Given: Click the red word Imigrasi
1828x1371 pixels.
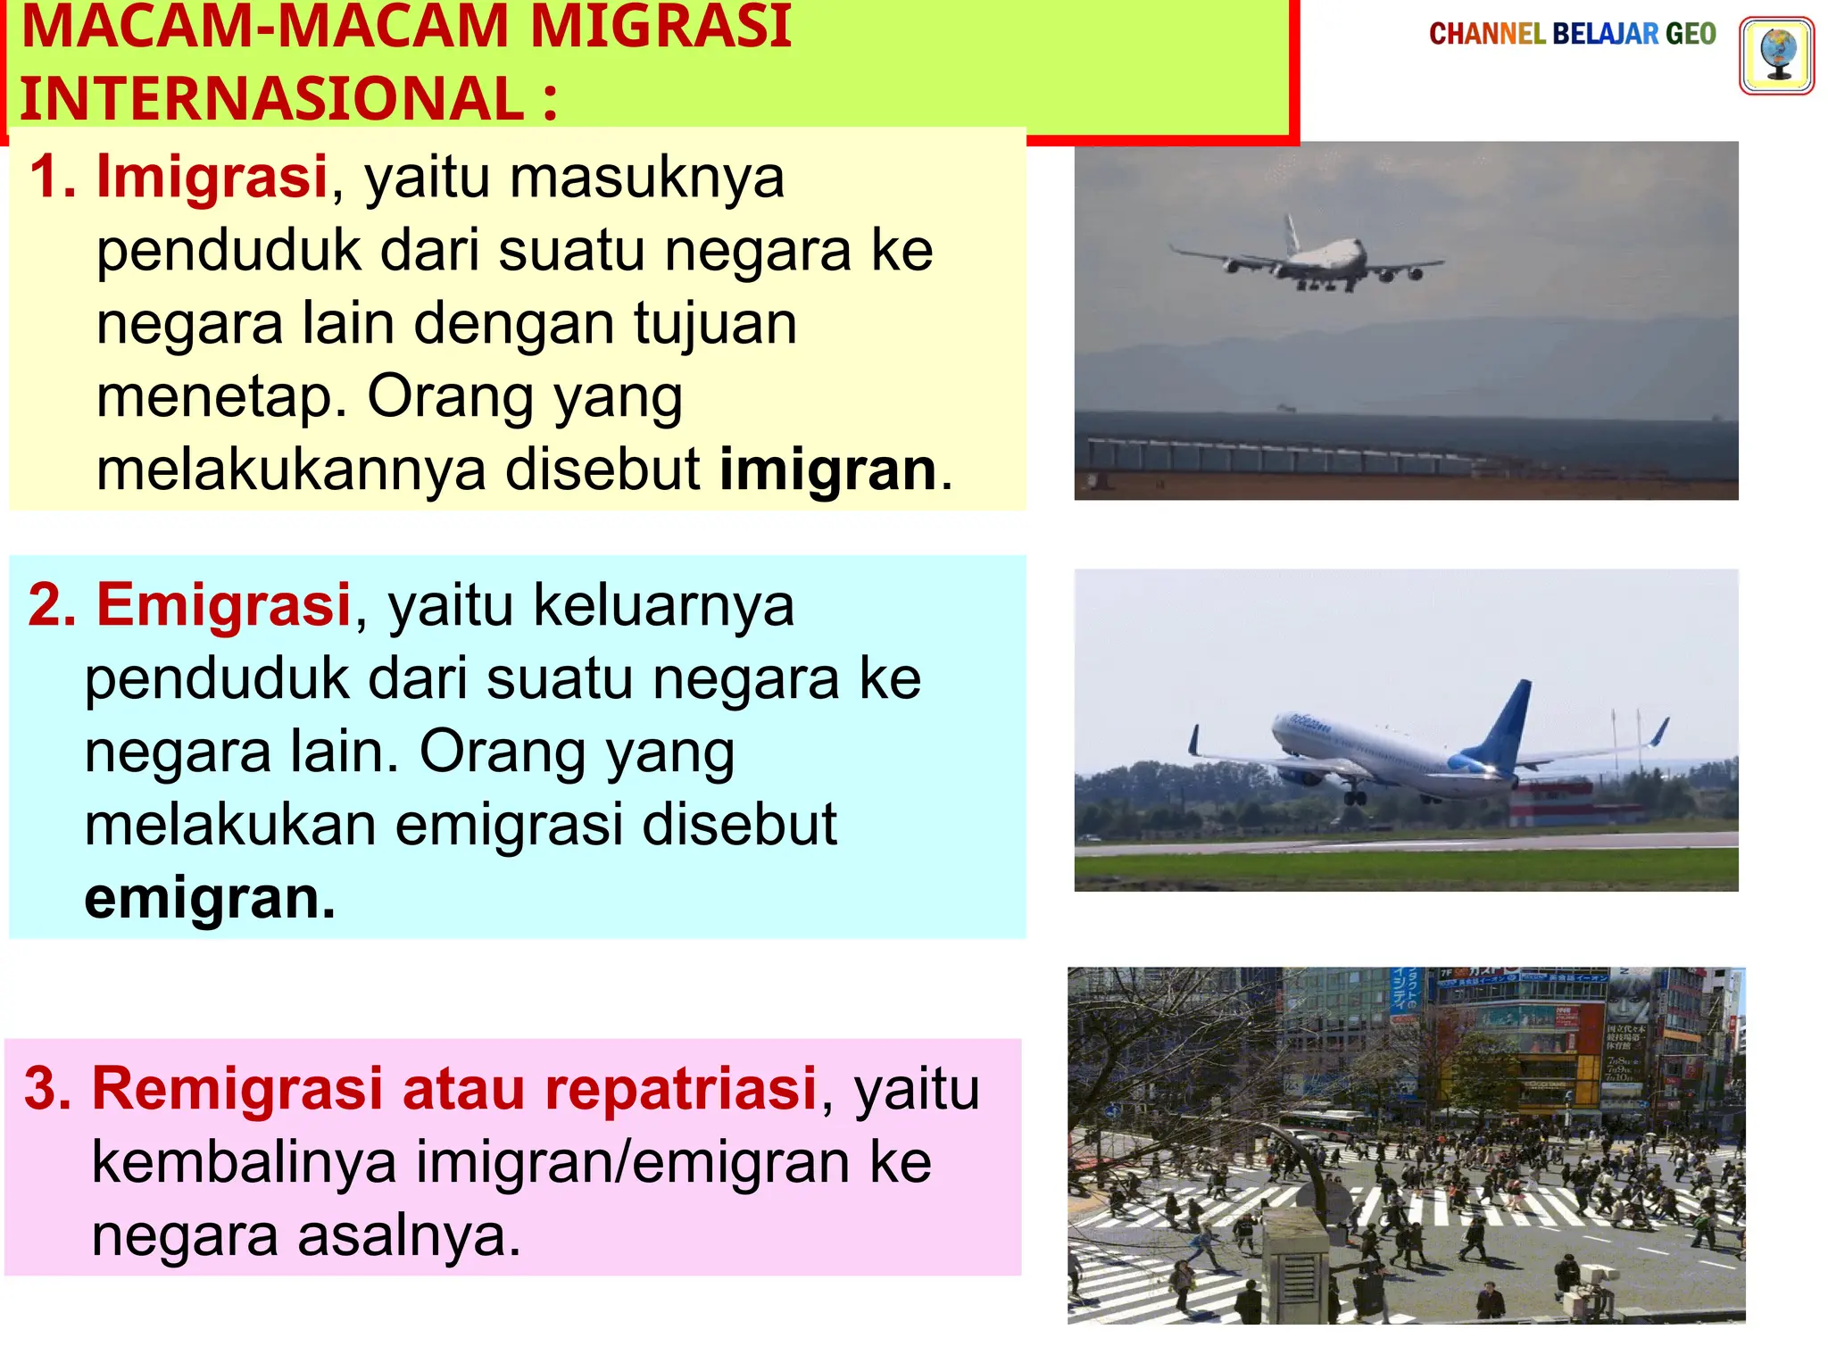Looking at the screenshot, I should [x=212, y=177].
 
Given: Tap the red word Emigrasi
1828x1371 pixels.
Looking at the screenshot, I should [x=223, y=605].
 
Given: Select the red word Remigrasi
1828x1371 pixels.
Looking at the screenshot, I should [x=237, y=1089].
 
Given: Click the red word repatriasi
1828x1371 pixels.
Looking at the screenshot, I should [x=681, y=1089].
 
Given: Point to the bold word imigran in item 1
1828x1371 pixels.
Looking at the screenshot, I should [x=827, y=469].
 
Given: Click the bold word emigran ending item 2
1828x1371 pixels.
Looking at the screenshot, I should [x=210, y=898].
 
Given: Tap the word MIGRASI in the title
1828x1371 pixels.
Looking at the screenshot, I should [x=661, y=27].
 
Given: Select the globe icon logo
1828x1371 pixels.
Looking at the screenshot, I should [x=1776, y=55].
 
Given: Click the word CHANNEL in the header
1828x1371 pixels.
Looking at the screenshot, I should [x=1487, y=34].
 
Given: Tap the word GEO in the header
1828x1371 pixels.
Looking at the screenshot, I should [x=1691, y=34].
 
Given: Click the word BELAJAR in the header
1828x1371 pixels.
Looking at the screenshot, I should [x=1605, y=34].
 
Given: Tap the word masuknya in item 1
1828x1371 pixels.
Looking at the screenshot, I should [x=647, y=177].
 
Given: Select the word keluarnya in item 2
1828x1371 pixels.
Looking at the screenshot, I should [x=663, y=605].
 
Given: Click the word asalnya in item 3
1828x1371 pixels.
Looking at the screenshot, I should [x=408, y=1236].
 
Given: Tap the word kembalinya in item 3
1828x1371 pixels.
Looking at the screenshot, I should [x=244, y=1162].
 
